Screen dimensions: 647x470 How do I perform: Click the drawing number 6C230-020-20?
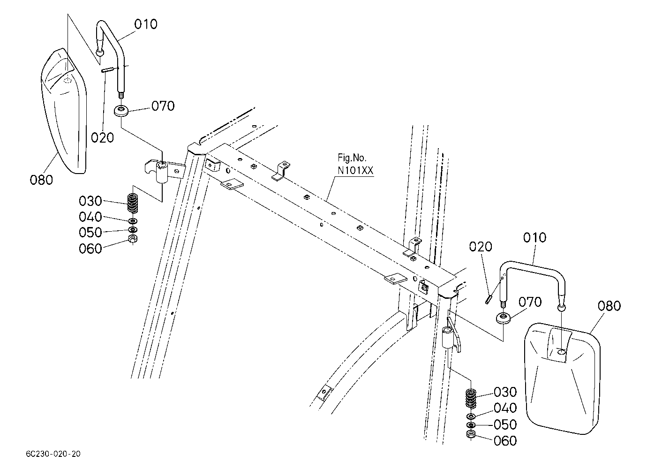pyautogui.click(x=53, y=454)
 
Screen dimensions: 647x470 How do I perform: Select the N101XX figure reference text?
pyautogui.click(x=355, y=171)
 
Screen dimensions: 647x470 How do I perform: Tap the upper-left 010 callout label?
pyautogui.click(x=146, y=24)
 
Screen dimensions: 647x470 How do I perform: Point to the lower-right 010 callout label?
pyautogui.click(x=534, y=238)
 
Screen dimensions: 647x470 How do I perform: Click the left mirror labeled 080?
pyautogui.click(x=64, y=111)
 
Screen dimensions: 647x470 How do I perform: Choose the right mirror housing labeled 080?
pyautogui.click(x=562, y=379)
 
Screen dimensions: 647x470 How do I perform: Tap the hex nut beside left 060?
pyautogui.click(x=133, y=239)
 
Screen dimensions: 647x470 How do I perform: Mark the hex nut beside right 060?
pyautogui.click(x=471, y=434)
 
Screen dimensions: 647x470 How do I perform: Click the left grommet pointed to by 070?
pyautogui.click(x=121, y=111)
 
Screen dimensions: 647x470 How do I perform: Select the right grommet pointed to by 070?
pyautogui.click(x=503, y=318)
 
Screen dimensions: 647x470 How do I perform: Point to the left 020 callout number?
pyautogui.click(x=102, y=137)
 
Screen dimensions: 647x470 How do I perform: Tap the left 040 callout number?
pyautogui.click(x=90, y=217)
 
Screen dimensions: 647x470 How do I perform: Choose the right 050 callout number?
pyautogui.click(x=505, y=425)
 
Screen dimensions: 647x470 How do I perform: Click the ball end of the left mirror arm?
pyautogui.click(x=100, y=53)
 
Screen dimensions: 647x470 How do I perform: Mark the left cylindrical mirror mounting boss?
pyautogui.click(x=162, y=173)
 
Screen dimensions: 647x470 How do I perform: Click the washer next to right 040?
pyautogui.click(x=471, y=417)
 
